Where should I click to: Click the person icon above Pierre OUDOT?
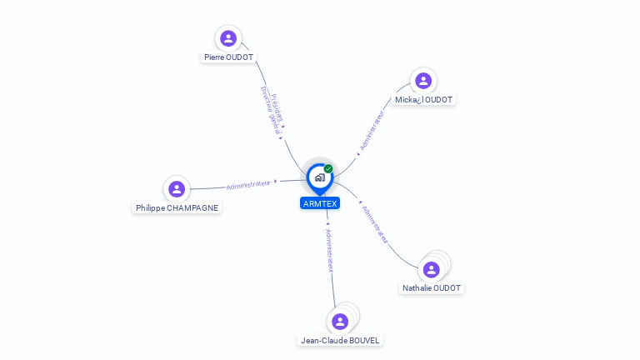[228, 38]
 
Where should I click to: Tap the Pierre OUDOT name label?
[228, 57]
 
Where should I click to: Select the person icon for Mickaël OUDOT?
[423, 81]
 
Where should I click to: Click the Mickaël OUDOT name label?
[424, 100]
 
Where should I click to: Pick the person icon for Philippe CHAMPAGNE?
[177, 189]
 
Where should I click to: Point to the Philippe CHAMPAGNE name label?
[177, 208]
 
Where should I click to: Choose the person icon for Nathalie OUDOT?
[431, 269]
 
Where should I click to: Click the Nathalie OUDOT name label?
[432, 288]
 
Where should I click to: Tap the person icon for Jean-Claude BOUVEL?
[339, 321]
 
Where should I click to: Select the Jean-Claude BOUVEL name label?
[340, 340]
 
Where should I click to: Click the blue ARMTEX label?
[320, 203]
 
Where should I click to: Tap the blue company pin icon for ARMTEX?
[319, 177]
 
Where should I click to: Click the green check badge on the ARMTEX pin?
[328, 169]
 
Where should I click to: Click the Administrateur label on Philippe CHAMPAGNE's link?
[248, 184]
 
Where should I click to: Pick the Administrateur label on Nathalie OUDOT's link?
[376, 222]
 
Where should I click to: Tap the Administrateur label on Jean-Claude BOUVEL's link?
[329, 250]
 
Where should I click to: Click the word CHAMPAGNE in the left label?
[193, 208]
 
